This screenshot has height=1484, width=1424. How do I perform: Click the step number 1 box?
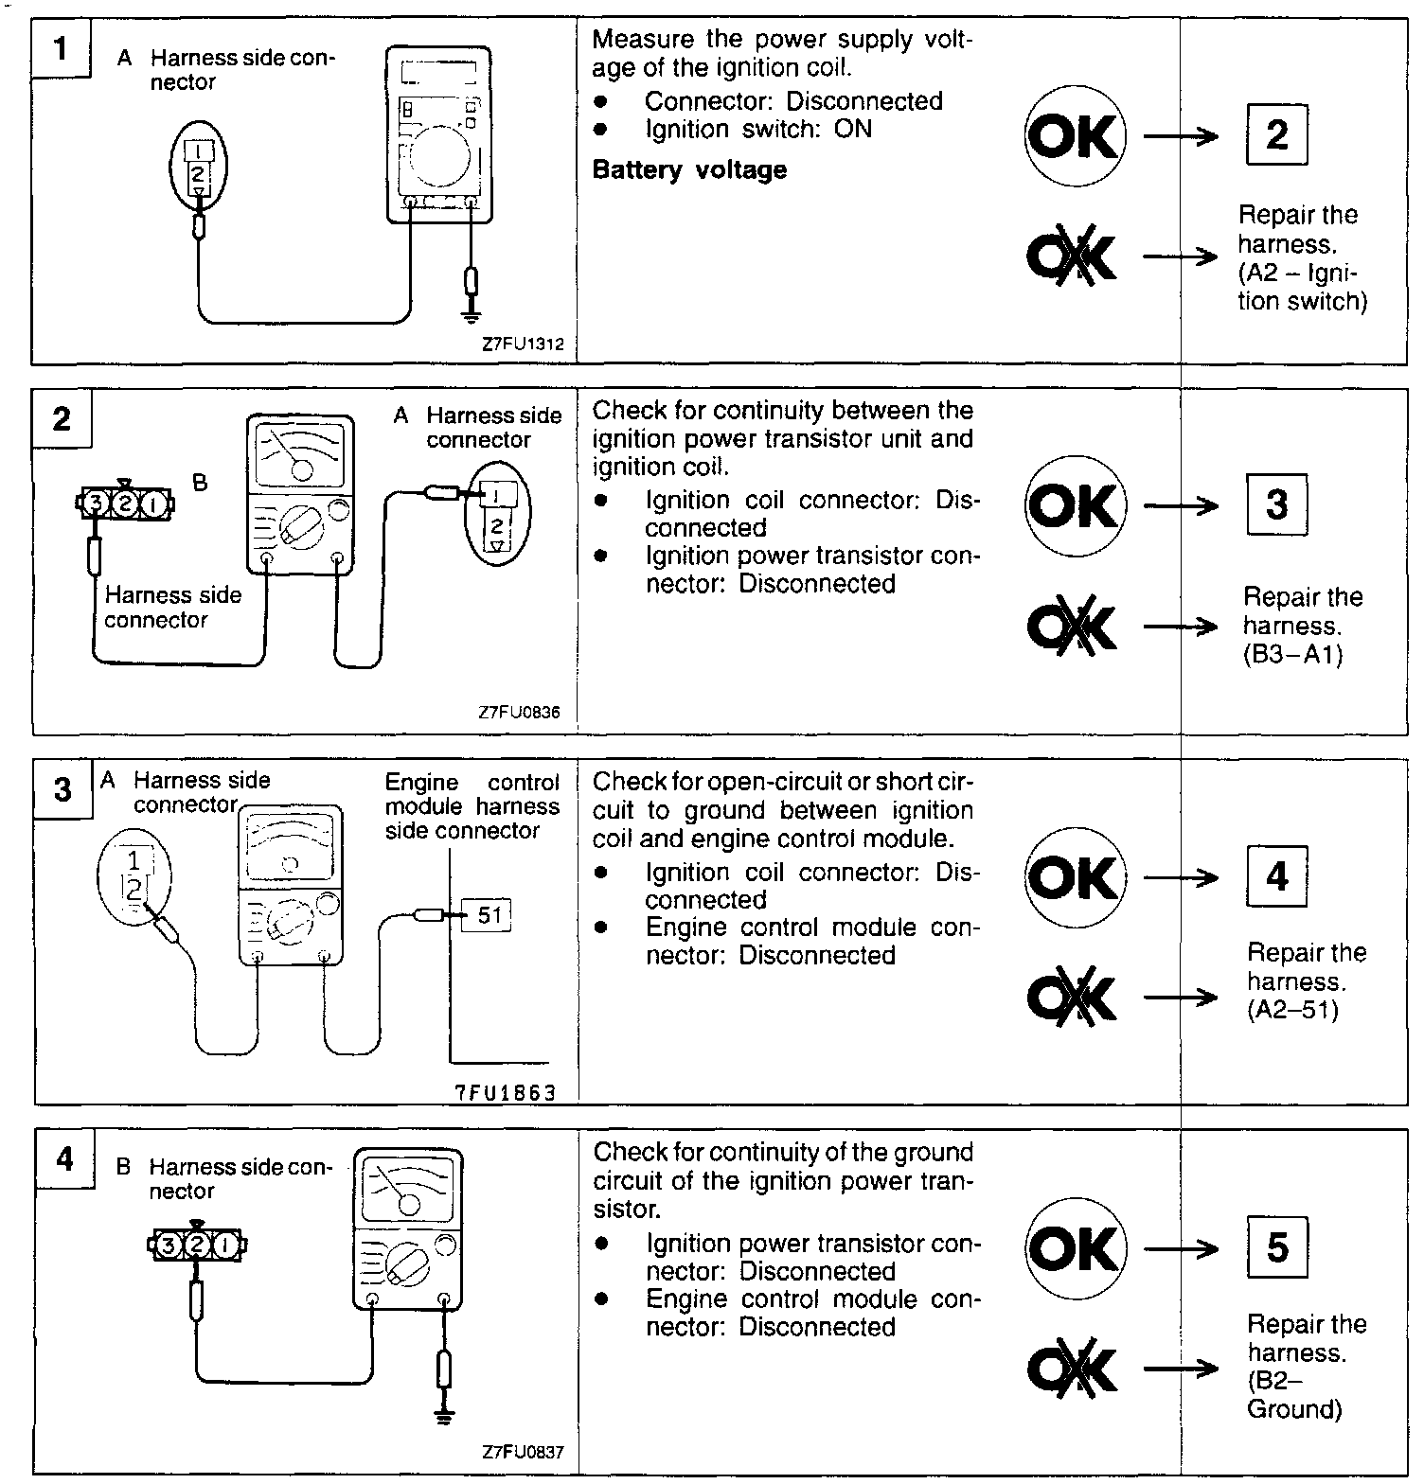click(61, 47)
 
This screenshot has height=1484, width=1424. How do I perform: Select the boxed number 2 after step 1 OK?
click(1276, 134)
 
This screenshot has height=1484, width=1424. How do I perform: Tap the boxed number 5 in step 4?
click(1277, 1247)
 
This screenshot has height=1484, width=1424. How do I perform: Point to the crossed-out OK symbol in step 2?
click(1073, 626)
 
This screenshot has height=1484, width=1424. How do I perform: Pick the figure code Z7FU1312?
click(523, 344)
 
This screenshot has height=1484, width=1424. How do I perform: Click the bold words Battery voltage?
click(689, 170)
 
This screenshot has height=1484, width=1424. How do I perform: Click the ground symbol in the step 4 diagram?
click(443, 1417)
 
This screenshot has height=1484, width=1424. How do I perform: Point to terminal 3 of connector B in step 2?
click(94, 503)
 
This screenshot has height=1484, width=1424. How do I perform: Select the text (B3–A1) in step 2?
click(1292, 655)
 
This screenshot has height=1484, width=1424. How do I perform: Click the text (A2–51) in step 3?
click(1292, 1010)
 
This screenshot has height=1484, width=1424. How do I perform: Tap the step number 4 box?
click(63, 1158)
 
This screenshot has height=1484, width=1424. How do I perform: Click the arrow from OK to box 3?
click(1181, 506)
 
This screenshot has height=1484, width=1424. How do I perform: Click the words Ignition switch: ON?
click(758, 130)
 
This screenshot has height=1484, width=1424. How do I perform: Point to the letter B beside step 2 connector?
click(200, 483)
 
